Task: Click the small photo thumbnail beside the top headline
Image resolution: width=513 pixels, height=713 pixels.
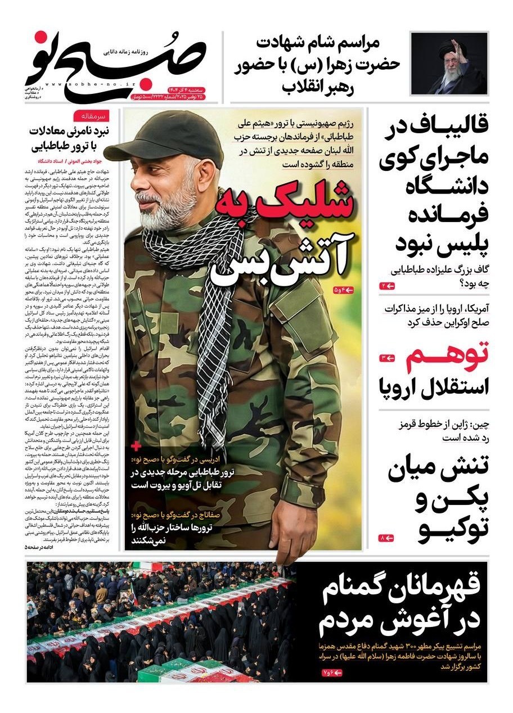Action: click(449, 63)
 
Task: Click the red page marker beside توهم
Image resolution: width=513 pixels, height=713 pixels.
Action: click(389, 357)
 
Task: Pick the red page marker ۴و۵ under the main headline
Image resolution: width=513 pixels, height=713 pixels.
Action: click(341, 290)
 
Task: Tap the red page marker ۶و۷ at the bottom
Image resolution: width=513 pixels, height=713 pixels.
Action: click(332, 673)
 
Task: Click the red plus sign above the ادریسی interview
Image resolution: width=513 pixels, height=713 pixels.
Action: click(136, 446)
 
